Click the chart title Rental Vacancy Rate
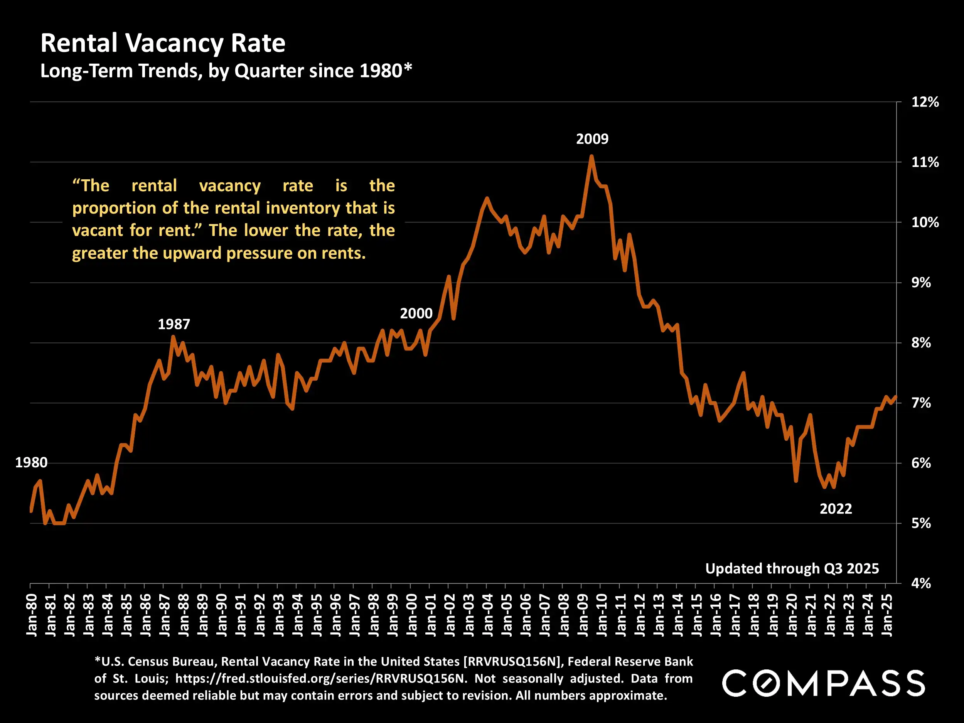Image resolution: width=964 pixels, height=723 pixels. [163, 43]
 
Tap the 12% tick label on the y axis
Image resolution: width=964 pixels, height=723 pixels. [925, 103]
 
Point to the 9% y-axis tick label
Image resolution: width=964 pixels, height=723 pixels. [921, 283]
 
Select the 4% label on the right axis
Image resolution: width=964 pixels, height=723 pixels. [921, 583]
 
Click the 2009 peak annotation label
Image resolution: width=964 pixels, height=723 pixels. [592, 139]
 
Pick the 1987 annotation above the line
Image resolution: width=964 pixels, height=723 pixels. [174, 324]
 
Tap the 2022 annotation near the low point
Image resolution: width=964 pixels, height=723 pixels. [836, 509]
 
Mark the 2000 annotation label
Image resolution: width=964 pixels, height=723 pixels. [416, 313]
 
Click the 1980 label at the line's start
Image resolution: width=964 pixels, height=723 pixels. [31, 462]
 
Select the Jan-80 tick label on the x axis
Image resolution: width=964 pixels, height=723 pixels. [31, 615]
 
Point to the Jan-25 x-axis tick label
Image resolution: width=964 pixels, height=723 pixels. [887, 615]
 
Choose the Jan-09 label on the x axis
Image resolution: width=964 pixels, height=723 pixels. [583, 615]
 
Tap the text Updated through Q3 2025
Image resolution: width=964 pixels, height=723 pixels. [792, 569]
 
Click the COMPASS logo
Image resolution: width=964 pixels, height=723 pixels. [823, 683]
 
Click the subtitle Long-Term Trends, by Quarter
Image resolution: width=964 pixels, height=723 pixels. [226, 71]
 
